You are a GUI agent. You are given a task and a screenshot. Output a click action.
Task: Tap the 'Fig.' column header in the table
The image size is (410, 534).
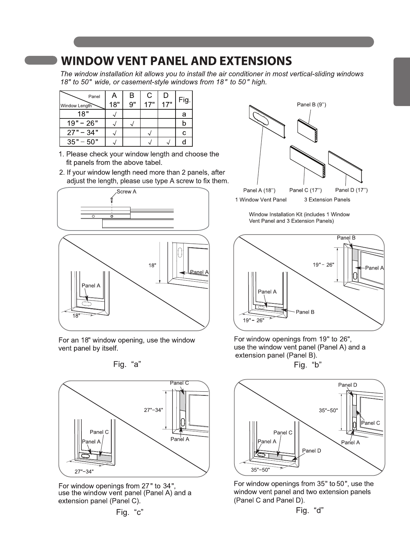click(x=184, y=100)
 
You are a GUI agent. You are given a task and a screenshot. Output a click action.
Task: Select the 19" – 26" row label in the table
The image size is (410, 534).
click(x=82, y=123)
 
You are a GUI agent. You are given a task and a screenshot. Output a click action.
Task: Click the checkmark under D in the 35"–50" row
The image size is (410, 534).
click(x=167, y=142)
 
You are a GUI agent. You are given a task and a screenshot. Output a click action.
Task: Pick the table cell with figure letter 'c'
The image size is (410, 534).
click(x=184, y=133)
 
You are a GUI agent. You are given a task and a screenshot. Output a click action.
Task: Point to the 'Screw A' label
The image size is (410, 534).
click(x=126, y=192)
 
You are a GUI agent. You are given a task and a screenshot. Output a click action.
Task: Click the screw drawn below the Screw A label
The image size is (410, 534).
click(x=112, y=200)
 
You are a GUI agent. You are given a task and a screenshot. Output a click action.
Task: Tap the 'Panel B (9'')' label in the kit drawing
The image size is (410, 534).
click(x=311, y=105)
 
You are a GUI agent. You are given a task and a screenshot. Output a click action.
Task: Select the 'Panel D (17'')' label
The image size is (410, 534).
click(x=351, y=190)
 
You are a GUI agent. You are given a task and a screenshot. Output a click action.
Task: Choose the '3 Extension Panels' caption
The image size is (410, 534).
click(x=327, y=200)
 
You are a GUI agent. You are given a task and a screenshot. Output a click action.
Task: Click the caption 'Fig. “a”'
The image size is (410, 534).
click(x=127, y=364)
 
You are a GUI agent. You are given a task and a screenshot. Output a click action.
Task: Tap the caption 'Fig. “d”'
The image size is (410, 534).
click(x=309, y=510)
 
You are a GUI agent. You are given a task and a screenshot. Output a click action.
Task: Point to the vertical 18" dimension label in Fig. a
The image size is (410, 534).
click(x=152, y=265)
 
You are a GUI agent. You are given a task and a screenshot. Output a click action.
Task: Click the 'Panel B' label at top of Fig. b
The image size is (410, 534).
click(x=346, y=238)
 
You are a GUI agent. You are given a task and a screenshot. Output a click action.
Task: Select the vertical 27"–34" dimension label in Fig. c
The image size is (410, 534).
click(x=153, y=410)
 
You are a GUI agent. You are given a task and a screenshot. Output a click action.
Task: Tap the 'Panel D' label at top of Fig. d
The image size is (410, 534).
click(x=347, y=385)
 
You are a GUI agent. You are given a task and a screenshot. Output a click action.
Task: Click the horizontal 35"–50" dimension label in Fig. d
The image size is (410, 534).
click(x=260, y=470)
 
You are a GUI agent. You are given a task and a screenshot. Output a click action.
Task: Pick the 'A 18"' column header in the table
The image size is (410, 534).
click(x=114, y=100)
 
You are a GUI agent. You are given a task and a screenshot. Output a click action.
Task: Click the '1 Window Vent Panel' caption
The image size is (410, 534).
click(x=261, y=200)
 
